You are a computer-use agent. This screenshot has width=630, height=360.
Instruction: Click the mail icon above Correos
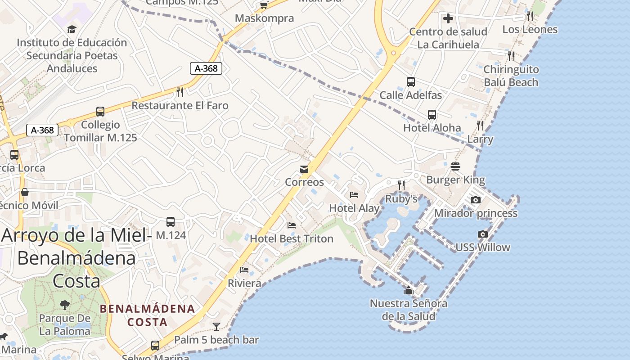click(x=304, y=169)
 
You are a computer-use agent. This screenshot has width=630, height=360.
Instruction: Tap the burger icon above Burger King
click(x=455, y=166)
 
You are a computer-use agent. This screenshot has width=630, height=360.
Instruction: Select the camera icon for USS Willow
click(x=483, y=234)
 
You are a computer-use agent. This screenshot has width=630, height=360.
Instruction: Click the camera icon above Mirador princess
click(x=476, y=200)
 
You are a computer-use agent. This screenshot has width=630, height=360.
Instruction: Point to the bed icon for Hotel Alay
click(x=354, y=195)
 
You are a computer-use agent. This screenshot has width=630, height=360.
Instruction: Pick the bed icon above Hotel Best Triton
click(x=292, y=225)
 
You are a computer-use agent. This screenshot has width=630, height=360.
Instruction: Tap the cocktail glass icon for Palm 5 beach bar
click(x=216, y=326)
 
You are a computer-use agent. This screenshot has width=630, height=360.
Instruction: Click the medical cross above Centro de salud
click(x=448, y=18)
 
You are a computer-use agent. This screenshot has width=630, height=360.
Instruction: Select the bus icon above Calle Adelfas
click(x=410, y=82)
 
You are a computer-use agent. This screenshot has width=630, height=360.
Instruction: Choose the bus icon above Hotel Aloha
click(x=432, y=115)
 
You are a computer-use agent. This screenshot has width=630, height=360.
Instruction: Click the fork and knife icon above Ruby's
click(x=401, y=185)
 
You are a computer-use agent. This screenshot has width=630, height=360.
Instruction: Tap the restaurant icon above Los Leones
click(x=530, y=16)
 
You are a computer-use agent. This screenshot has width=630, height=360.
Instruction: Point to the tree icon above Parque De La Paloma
click(x=65, y=305)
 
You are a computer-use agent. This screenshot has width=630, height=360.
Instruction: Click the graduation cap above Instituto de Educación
click(x=72, y=30)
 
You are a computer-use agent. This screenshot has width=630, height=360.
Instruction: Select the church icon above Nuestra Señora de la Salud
click(x=409, y=290)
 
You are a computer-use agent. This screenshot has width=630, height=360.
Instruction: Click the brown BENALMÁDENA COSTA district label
click(x=148, y=315)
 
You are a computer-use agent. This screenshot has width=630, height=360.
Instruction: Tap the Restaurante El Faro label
click(x=180, y=106)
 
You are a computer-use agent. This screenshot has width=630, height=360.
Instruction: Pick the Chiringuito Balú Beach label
click(x=511, y=76)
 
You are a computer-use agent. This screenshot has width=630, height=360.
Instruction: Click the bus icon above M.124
click(x=171, y=222)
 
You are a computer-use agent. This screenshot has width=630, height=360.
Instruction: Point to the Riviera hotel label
click(x=244, y=283)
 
